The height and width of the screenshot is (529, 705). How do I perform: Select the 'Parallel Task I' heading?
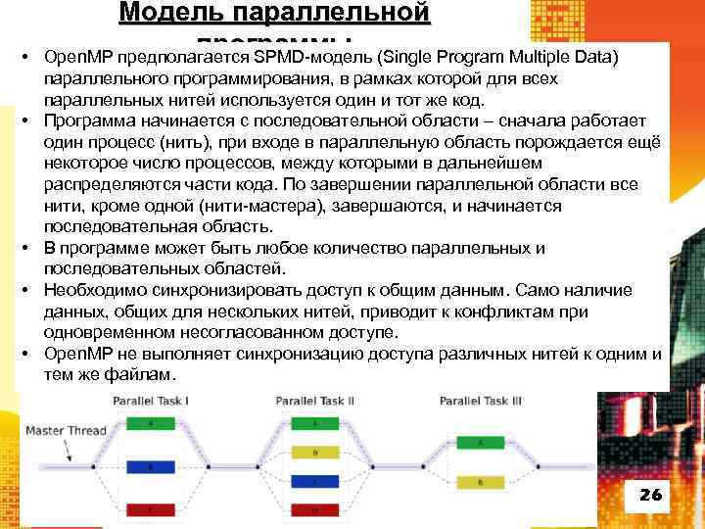click(x=151, y=401)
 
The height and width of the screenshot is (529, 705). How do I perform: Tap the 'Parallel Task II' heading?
click(x=314, y=401)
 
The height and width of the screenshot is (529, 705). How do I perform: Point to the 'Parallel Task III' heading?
click(x=480, y=401)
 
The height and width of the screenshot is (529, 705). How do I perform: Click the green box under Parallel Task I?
click(x=151, y=423)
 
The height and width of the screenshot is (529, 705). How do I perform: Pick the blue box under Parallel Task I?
click(x=151, y=467)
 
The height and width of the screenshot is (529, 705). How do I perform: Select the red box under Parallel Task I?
click(x=151, y=510)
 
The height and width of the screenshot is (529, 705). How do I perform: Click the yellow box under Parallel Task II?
click(x=314, y=453)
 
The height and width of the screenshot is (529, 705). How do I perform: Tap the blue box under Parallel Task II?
click(x=314, y=482)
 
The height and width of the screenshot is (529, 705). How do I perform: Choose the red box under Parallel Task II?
click(x=314, y=510)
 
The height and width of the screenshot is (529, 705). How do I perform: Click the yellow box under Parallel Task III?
click(x=479, y=483)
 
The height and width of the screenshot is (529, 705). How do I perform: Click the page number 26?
click(x=650, y=495)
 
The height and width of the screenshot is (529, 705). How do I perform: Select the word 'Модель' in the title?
click(x=177, y=13)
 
